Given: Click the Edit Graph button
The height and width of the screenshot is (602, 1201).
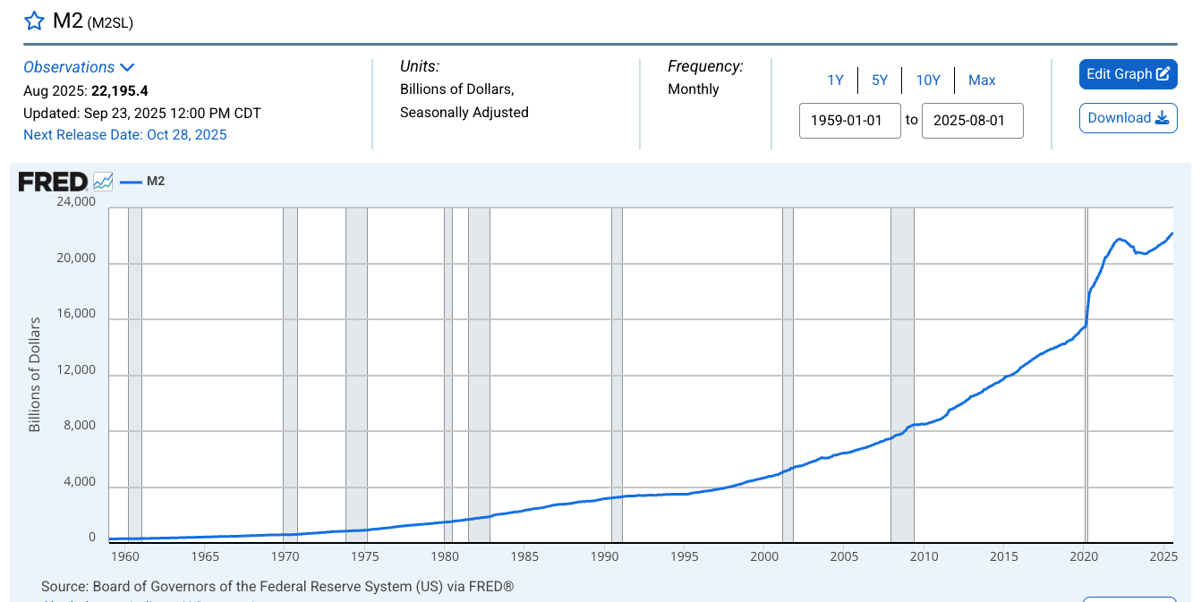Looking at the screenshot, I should (x=1128, y=74).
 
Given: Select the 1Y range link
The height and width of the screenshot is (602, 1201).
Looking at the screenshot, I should (x=835, y=81).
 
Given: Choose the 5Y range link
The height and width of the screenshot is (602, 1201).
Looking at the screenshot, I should (x=880, y=81).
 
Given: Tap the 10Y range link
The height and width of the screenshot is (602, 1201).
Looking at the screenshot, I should (x=928, y=81).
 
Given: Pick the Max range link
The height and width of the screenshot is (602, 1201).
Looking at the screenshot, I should (x=982, y=81).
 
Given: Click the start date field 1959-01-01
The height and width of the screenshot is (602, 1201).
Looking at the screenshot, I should (x=849, y=121).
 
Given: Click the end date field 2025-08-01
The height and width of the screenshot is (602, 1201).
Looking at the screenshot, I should (x=972, y=121).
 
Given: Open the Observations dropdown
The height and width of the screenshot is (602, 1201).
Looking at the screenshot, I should (x=79, y=67).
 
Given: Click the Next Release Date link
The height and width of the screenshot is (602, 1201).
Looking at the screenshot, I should (x=125, y=135).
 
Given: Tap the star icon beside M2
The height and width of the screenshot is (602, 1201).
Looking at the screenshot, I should (x=34, y=21).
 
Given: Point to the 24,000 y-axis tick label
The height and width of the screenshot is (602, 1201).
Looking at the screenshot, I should (x=76, y=202).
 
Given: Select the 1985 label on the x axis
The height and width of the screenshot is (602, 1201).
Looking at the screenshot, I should (x=524, y=556).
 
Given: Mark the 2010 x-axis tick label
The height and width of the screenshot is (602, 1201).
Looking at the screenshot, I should (x=924, y=556).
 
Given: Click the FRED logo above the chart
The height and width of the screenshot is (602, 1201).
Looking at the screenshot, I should (x=54, y=182).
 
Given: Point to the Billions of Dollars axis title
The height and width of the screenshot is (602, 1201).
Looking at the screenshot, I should (x=35, y=374).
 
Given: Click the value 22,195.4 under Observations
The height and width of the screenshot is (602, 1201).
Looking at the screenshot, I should (x=120, y=90).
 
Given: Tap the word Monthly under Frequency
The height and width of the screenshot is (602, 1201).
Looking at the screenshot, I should (x=694, y=89).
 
